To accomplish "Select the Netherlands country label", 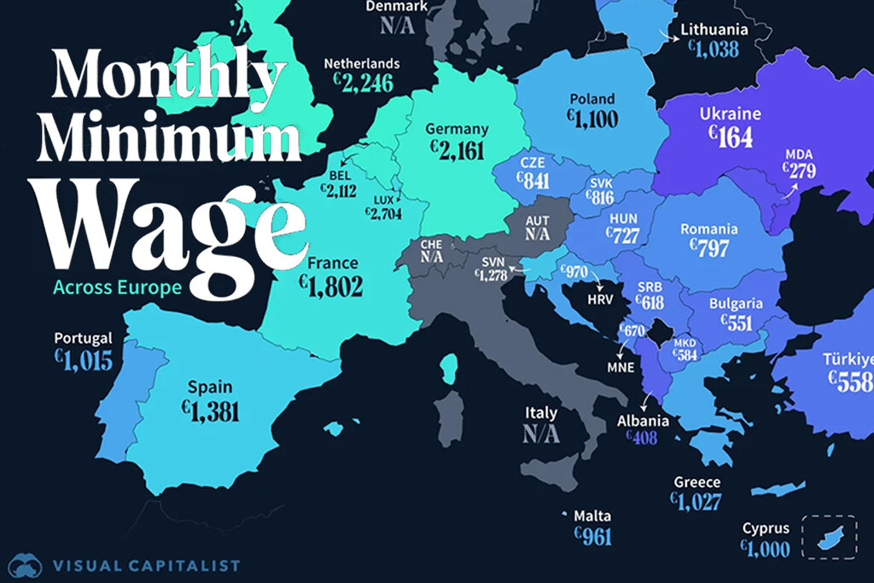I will [362, 63].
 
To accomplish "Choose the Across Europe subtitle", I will [117, 287].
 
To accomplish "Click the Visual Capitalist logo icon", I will [26, 565].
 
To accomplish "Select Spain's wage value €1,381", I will [210, 410].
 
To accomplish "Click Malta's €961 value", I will [593, 535].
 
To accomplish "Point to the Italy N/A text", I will [541, 434].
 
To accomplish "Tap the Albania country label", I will [643, 421].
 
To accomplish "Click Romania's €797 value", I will [709, 248].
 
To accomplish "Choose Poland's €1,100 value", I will [591, 119].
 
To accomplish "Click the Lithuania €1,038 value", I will [714, 50].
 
